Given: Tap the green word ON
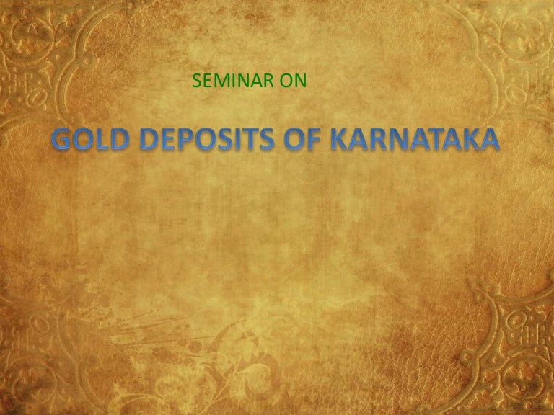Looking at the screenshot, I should click(292, 82).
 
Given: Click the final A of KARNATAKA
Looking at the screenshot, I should click(489, 140).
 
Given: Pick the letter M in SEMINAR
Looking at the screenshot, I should click(222, 82).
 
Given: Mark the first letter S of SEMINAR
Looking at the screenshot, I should click(197, 82).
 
